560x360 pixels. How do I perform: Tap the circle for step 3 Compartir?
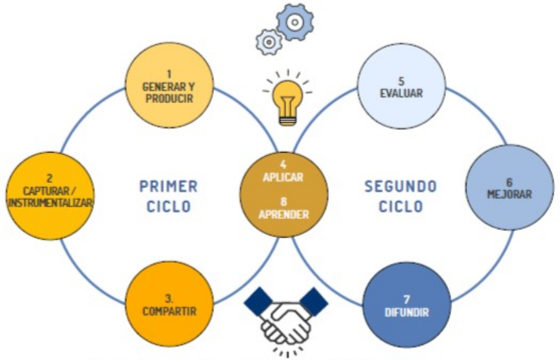(168, 303)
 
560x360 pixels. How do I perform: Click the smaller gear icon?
(269, 42)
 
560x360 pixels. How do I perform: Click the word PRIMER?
(168, 187)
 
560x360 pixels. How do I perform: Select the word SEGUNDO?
(400, 187)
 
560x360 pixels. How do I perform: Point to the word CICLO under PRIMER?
(168, 207)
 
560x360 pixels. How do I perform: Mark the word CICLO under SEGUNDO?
(400, 207)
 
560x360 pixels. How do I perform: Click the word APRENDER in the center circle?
(284, 214)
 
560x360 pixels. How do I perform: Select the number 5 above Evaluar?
(401, 81)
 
